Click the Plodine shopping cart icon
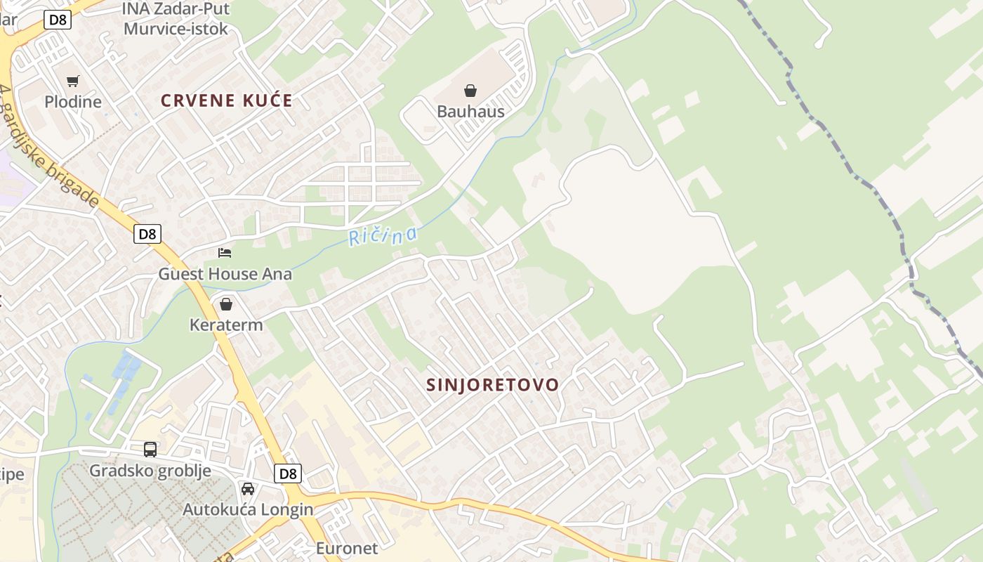(x=73, y=81)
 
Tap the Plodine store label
(x=73, y=102)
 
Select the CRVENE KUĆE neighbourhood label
(x=226, y=100)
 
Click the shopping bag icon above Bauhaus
(x=470, y=91)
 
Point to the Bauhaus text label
(x=470, y=112)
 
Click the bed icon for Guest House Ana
(x=225, y=253)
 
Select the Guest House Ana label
(x=225, y=274)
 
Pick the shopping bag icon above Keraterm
(x=226, y=304)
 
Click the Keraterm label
(x=226, y=325)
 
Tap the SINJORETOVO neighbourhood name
(x=493, y=385)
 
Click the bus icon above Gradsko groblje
(x=150, y=450)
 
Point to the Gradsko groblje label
(x=150, y=471)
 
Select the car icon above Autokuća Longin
(x=248, y=488)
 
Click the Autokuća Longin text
(x=248, y=509)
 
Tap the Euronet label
(x=347, y=549)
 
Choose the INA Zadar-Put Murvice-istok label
(x=176, y=19)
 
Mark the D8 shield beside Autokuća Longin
(x=288, y=473)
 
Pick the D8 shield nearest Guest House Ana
(x=147, y=234)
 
